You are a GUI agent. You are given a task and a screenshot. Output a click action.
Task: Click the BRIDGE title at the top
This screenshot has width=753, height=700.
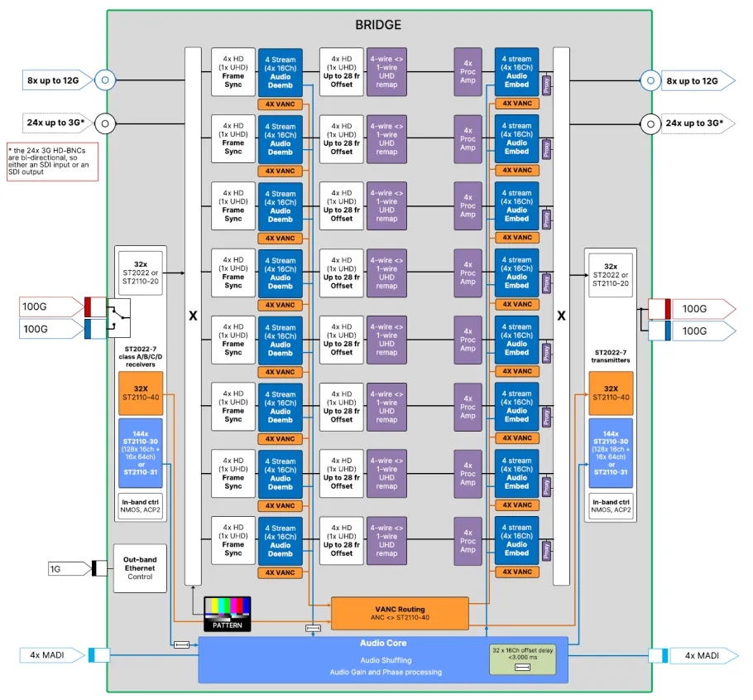coord(378,25)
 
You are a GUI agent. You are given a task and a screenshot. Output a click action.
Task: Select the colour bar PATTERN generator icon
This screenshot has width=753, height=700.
coord(227,612)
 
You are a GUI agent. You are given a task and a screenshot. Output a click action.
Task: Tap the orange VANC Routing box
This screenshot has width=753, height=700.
coord(400,612)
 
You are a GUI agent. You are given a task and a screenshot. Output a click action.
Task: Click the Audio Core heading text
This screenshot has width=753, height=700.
coord(382,643)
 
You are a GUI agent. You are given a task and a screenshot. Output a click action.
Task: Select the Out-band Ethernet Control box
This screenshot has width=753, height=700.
coord(139,567)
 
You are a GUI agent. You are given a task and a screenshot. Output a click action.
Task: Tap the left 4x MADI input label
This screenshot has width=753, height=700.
coord(50,655)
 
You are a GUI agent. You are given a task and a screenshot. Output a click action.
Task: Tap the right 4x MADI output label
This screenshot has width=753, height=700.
coord(700,655)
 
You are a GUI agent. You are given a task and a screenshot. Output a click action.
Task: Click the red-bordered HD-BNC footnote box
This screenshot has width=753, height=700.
coord(51,162)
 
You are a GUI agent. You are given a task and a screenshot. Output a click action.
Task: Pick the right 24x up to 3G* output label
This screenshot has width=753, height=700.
coord(697,123)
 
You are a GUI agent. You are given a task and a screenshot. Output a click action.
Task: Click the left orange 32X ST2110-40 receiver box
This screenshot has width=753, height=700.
coord(140,393)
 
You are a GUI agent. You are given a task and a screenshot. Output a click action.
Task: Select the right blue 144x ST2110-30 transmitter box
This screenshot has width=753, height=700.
coord(611,452)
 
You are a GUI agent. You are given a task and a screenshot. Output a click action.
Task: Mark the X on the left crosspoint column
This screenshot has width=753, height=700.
coord(193,316)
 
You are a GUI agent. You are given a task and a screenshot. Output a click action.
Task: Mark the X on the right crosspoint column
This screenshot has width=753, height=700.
coord(561,316)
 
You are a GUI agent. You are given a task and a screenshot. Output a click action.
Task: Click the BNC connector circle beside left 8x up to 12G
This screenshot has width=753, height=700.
coord(104,80)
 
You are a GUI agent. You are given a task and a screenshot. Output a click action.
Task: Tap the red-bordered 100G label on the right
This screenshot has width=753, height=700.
coord(701,308)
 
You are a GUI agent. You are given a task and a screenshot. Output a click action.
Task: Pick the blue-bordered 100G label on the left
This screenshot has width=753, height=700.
coord(49,329)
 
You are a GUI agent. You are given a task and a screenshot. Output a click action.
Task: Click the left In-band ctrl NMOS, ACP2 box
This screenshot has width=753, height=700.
coord(140,506)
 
